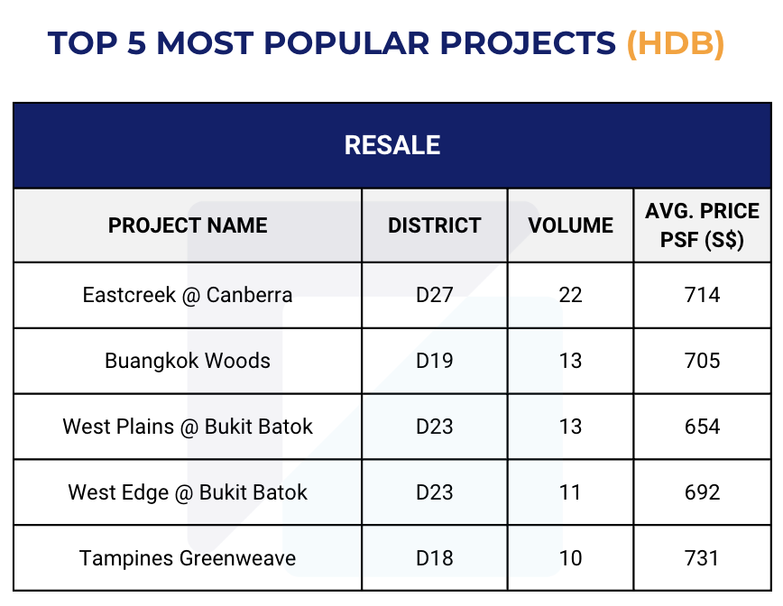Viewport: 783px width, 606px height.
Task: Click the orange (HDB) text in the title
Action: tap(675, 44)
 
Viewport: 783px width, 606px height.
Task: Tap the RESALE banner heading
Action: tap(392, 145)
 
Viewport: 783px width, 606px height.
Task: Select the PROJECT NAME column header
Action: tap(188, 225)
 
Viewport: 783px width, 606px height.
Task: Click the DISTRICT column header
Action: tap(435, 225)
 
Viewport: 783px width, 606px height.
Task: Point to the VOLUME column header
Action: tap(570, 225)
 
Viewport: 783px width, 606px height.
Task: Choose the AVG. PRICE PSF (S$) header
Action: tap(702, 225)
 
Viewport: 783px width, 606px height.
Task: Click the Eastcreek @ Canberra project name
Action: tap(188, 295)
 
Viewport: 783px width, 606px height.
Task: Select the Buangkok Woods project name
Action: tap(188, 361)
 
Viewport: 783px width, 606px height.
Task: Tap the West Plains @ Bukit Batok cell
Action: tap(188, 427)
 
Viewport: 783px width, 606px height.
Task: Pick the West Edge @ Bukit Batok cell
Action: tap(188, 492)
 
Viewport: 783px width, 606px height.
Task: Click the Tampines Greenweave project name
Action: tap(188, 558)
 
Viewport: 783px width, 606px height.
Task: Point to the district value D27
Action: tap(435, 295)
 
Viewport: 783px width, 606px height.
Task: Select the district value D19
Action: tap(435, 361)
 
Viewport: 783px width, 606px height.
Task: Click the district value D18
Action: tap(435, 558)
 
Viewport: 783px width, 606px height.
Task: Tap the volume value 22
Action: tap(570, 295)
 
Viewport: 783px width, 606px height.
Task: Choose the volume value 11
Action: tap(570, 492)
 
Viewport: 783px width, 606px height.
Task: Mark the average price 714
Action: tap(702, 295)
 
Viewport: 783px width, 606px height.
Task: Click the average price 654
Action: tap(702, 427)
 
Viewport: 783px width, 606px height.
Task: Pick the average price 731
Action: tap(702, 558)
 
